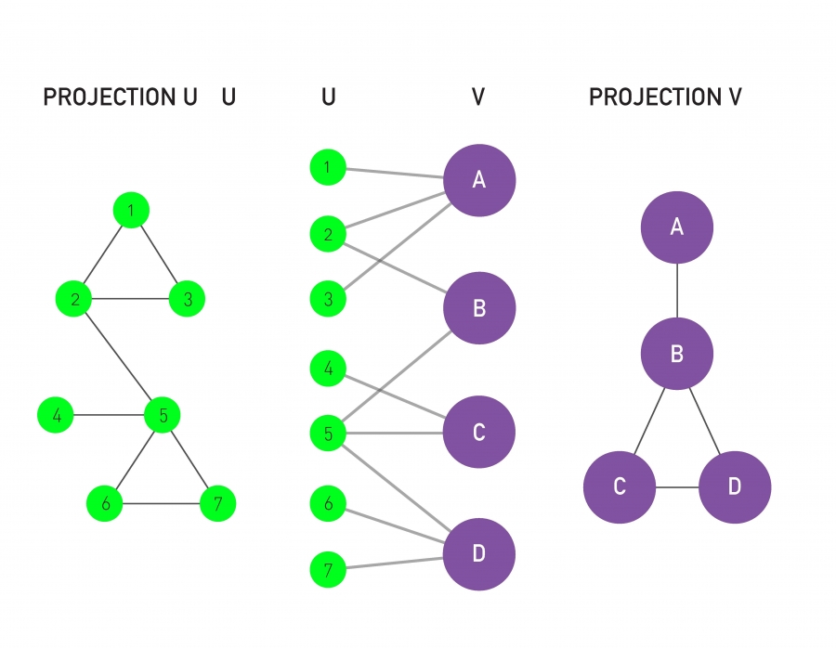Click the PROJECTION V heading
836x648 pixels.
(665, 97)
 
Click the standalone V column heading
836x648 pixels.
(478, 97)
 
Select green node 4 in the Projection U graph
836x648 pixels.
(57, 415)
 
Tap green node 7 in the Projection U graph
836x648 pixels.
(218, 504)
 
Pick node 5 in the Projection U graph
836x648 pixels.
(163, 415)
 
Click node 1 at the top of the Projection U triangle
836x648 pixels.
(131, 211)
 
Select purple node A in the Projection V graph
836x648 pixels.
(677, 227)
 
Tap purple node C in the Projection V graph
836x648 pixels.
(620, 487)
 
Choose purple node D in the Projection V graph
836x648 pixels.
(734, 487)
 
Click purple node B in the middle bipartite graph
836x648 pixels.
(479, 308)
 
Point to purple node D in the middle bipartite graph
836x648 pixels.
(479, 554)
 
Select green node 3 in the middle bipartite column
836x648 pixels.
(328, 300)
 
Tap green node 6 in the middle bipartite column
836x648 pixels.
(328, 503)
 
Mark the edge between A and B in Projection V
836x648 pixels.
(677, 290)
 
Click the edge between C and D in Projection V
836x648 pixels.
(676, 487)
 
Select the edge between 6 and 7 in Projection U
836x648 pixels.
(162, 504)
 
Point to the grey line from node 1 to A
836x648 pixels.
(395, 172)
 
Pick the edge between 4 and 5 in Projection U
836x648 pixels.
(110, 415)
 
